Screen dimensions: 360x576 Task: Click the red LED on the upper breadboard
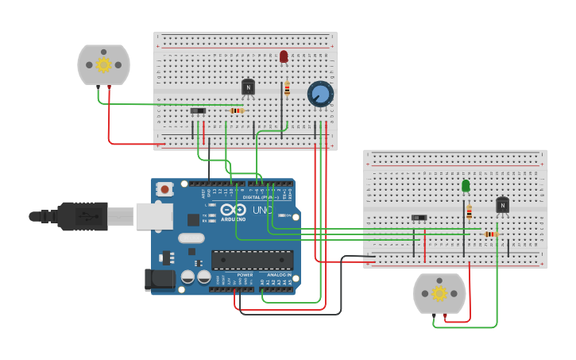[x=284, y=56]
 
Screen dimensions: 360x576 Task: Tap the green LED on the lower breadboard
[x=466, y=185]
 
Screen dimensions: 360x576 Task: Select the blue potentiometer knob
[x=320, y=95]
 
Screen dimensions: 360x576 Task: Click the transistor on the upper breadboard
[x=249, y=87]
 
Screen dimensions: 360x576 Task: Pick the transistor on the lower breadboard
[x=502, y=205]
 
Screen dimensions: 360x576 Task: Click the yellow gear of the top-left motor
[x=103, y=64]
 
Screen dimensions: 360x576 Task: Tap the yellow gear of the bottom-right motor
[x=439, y=293]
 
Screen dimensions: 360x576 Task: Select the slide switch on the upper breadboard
[x=198, y=110]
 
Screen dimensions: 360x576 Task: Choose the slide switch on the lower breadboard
[x=419, y=217]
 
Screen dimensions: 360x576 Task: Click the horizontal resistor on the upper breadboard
[x=236, y=110]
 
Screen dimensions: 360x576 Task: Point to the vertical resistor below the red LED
[x=287, y=88]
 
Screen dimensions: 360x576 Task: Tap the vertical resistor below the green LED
[x=469, y=212]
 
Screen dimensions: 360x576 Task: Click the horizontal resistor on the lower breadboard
[x=490, y=234]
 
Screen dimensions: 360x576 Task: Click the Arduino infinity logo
[x=238, y=211]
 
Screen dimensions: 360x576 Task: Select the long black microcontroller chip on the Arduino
[x=252, y=260]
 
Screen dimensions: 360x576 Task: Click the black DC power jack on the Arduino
[x=158, y=280]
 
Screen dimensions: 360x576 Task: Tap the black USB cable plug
[x=79, y=216]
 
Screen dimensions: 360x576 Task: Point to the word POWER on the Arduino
[x=245, y=274]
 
